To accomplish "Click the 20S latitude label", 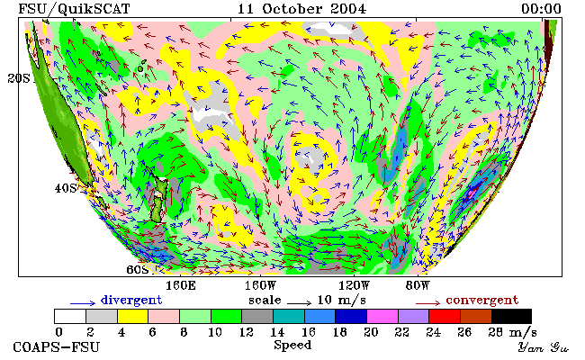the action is pos(19,78).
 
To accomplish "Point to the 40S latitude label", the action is pos(66,188).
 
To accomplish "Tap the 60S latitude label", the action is pos(138,269).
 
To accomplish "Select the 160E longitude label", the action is pos(181,286).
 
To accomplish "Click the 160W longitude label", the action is pos(260,286).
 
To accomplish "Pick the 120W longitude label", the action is pos(354,286).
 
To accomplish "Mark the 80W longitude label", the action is pos(418,286).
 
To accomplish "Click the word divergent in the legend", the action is pos(131,301).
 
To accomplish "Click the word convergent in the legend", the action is pos(482,301).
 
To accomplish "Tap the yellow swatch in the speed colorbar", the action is pos(132,317).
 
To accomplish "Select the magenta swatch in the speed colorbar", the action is pos(382,317).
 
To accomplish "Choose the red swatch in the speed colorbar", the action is pos(445,317).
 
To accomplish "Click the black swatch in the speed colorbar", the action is pos(511,317).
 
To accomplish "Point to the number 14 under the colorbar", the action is pos(277,332).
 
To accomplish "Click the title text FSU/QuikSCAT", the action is pos(74,9).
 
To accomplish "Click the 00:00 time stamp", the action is pos(541,9).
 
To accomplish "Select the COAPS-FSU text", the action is pos(57,347).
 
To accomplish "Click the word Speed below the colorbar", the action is pos(292,346).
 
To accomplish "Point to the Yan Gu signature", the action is pos(544,348).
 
